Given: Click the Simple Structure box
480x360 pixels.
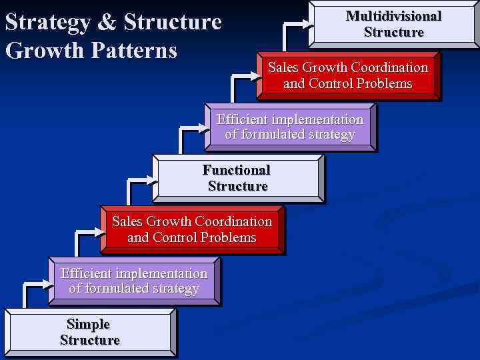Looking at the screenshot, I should click(x=90, y=332).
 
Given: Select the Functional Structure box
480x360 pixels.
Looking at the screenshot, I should click(x=238, y=178).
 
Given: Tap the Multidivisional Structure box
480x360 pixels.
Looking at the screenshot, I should click(x=394, y=24).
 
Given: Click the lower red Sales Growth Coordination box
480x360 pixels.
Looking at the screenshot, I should click(x=192, y=229).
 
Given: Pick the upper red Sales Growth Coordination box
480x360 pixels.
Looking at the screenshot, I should click(x=348, y=75).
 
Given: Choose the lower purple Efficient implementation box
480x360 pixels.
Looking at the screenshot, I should click(x=134, y=281).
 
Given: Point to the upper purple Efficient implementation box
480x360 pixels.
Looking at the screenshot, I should click(x=290, y=127).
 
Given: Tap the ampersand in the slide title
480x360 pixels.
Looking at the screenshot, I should click(x=107, y=23).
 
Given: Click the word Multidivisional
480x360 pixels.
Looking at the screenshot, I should click(x=394, y=16).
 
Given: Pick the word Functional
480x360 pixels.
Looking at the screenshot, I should click(x=237, y=170).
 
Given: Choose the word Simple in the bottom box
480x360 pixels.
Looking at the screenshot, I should click(x=89, y=324).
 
